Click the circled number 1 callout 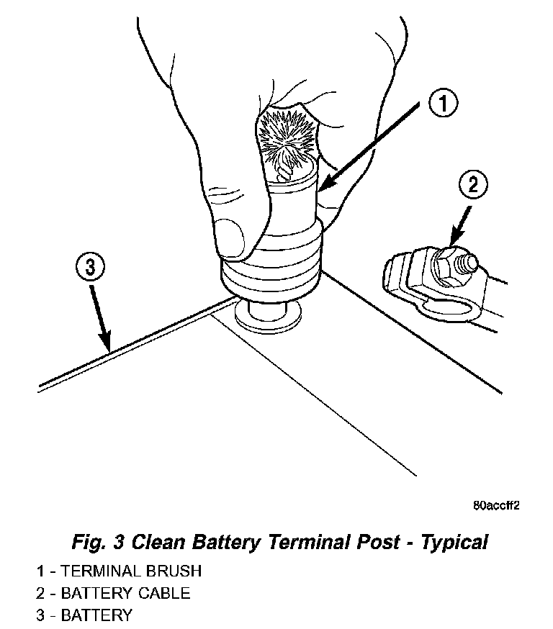point(443,105)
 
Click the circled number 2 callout point(472,185)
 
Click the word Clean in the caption point(162,541)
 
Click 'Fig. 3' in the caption point(98,541)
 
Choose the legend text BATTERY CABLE point(126,593)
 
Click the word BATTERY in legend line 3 point(96,615)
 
